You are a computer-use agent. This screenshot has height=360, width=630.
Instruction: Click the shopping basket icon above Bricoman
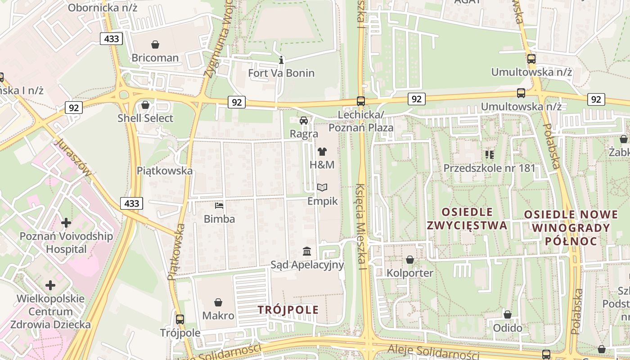click(155, 45)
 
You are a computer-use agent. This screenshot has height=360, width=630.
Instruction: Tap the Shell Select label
click(145, 118)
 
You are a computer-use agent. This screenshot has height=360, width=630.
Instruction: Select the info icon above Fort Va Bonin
click(281, 60)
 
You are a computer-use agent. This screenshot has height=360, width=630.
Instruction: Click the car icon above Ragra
click(304, 120)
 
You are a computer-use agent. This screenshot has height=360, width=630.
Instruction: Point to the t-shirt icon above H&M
click(322, 152)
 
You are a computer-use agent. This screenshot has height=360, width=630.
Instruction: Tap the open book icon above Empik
click(322, 187)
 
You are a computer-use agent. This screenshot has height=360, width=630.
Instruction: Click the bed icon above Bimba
click(219, 206)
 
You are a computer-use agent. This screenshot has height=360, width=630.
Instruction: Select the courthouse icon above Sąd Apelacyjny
click(307, 251)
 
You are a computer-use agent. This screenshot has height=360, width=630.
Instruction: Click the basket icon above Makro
click(218, 302)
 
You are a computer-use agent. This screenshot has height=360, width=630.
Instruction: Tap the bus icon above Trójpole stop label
click(180, 319)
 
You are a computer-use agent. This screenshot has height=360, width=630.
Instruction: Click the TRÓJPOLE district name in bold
click(288, 310)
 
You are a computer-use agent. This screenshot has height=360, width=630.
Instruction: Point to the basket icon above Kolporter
click(409, 260)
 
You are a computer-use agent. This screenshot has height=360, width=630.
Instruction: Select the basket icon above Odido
click(508, 315)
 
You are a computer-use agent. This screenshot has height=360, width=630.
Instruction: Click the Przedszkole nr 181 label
click(489, 168)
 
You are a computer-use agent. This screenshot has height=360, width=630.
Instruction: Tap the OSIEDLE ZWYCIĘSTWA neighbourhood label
click(467, 219)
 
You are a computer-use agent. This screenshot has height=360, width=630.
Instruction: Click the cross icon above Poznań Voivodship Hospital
click(66, 223)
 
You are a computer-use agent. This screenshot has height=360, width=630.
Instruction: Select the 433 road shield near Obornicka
click(111, 39)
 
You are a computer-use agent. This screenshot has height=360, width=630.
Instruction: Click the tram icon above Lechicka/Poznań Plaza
click(361, 101)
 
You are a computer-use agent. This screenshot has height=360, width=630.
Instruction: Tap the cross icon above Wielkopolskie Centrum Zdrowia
click(50, 285)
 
